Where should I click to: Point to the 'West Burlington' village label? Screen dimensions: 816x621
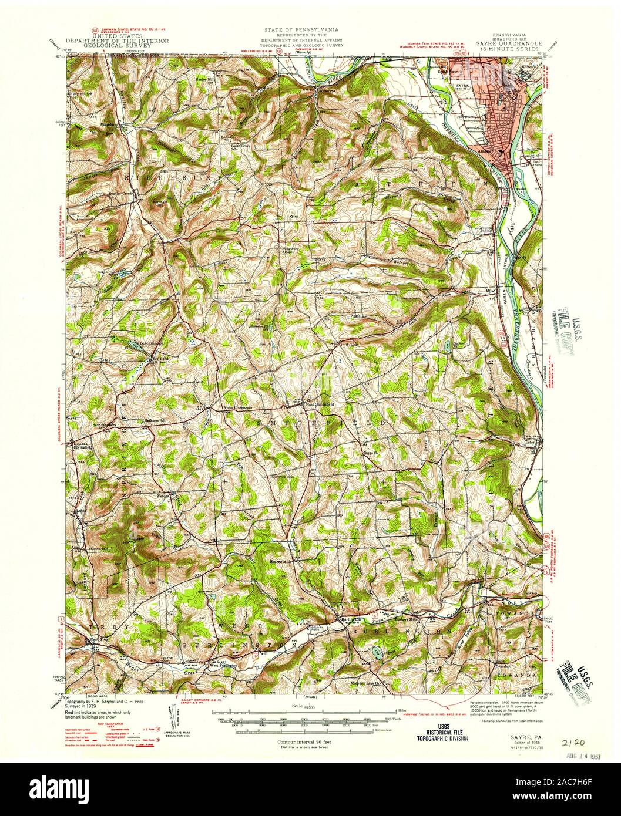click(223, 666)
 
